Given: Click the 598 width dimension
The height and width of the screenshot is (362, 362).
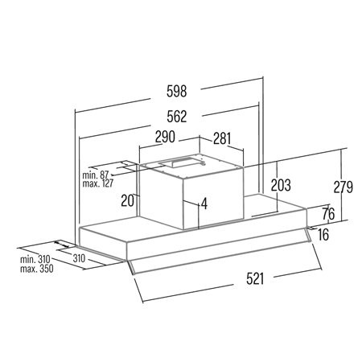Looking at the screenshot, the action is tap(176, 91).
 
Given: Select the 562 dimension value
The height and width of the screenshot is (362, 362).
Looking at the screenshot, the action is tap(176, 117).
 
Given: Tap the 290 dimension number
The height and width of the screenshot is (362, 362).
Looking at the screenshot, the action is tap(165, 137).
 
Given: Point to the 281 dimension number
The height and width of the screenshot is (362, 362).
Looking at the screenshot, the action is tap(222, 138).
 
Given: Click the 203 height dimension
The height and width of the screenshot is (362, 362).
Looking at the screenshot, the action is tap(281, 185).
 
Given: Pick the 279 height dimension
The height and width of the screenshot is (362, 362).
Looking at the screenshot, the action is tap(343, 187).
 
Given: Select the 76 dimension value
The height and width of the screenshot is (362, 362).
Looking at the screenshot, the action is tap(328, 214).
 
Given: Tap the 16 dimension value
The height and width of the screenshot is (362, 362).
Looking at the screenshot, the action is tap(323, 235).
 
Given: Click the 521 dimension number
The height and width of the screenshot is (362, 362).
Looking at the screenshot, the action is tap(255, 278).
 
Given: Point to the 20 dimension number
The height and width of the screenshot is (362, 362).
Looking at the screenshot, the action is tap(127, 200).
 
